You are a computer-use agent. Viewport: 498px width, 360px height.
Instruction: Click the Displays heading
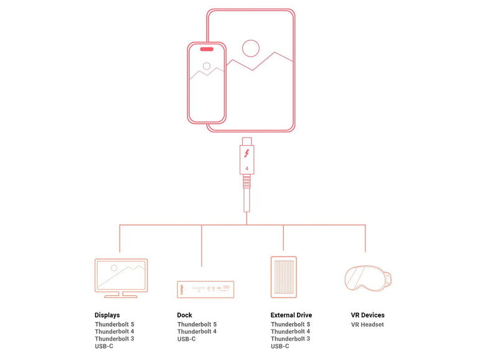(x=107, y=315)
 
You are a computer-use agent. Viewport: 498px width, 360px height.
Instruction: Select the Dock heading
(x=184, y=315)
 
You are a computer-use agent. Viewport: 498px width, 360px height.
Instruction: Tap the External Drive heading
(x=291, y=315)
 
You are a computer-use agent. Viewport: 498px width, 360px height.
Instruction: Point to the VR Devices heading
(x=367, y=315)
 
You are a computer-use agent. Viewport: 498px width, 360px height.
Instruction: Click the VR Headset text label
(x=367, y=324)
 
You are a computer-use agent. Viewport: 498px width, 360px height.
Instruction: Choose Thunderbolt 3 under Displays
(x=115, y=339)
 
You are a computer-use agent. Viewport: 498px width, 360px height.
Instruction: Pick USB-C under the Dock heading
(x=186, y=339)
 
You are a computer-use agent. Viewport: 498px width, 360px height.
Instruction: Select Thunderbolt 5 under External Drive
(x=291, y=324)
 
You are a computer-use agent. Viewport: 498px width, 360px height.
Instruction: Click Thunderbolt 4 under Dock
(x=197, y=332)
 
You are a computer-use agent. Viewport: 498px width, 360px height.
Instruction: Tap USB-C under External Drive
(x=280, y=346)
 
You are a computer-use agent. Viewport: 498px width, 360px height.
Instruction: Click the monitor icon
(x=121, y=278)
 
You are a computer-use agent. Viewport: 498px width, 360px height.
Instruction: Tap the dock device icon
(x=205, y=289)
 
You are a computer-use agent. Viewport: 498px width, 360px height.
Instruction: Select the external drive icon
(x=284, y=277)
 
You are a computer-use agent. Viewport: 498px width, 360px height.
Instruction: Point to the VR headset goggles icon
(x=368, y=278)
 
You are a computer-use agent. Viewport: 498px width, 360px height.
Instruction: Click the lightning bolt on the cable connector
(x=247, y=153)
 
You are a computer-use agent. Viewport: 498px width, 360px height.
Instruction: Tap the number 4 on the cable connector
(x=247, y=168)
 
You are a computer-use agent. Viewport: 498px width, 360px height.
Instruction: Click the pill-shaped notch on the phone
(x=207, y=49)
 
